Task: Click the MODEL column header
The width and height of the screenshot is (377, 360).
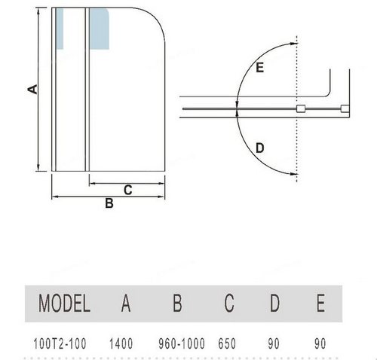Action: point(64,304)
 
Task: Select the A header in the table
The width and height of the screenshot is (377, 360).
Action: point(126,304)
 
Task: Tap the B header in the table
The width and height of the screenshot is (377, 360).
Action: point(177,304)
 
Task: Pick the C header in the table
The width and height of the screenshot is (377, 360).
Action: point(229,304)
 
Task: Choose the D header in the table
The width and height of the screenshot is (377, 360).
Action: point(274,304)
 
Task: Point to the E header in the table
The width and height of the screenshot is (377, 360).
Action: point(320,304)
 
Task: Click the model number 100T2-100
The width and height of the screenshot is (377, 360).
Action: point(60,343)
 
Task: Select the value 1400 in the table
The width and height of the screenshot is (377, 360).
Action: point(121,343)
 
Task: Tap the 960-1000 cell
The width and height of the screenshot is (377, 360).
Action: point(182,343)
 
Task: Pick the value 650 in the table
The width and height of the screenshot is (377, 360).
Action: point(227,343)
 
